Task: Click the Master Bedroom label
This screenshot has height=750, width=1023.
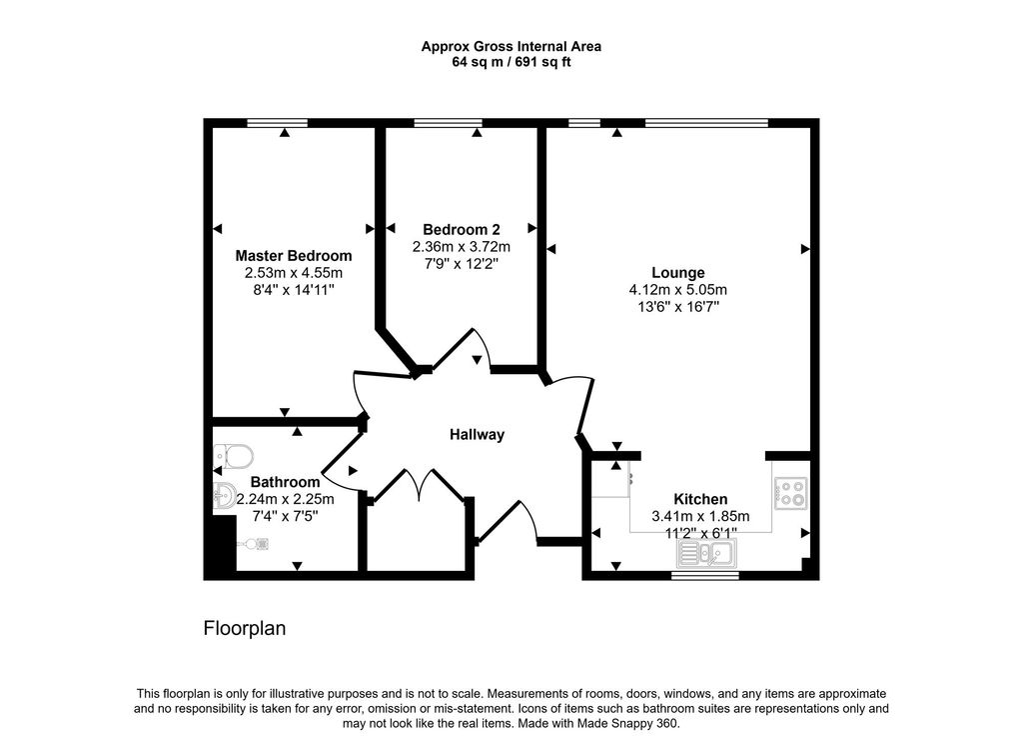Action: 293,256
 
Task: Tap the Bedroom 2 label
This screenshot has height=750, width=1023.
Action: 461,228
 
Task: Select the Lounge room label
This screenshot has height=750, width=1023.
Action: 678,273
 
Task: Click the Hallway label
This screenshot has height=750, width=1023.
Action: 477,435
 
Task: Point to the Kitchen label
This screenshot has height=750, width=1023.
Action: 700,499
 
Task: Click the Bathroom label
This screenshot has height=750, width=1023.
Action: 285,482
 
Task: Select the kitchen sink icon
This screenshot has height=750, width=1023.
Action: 707,552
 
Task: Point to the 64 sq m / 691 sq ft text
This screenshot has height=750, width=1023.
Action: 511,62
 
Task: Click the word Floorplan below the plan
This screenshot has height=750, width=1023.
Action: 245,629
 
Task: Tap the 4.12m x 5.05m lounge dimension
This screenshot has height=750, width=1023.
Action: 678,290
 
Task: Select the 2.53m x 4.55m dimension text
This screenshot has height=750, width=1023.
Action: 293,273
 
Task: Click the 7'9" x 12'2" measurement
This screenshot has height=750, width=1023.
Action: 461,263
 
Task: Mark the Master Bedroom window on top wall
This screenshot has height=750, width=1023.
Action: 278,123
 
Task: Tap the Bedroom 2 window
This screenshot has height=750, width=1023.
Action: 447,123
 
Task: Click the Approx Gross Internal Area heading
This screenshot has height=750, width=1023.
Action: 511,46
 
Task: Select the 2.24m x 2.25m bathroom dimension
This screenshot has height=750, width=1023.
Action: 285,500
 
